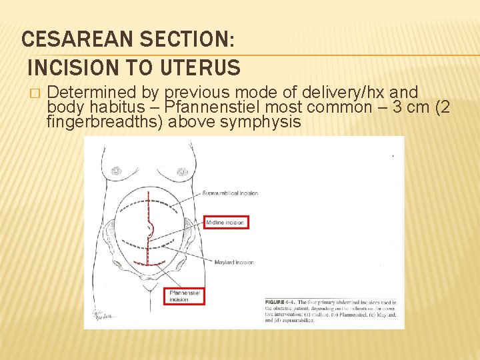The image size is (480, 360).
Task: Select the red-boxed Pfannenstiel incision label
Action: (185, 295)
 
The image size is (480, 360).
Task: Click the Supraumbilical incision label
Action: (230, 193)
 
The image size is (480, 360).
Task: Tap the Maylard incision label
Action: (234, 262)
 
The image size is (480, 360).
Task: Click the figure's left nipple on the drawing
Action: (117, 171)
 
